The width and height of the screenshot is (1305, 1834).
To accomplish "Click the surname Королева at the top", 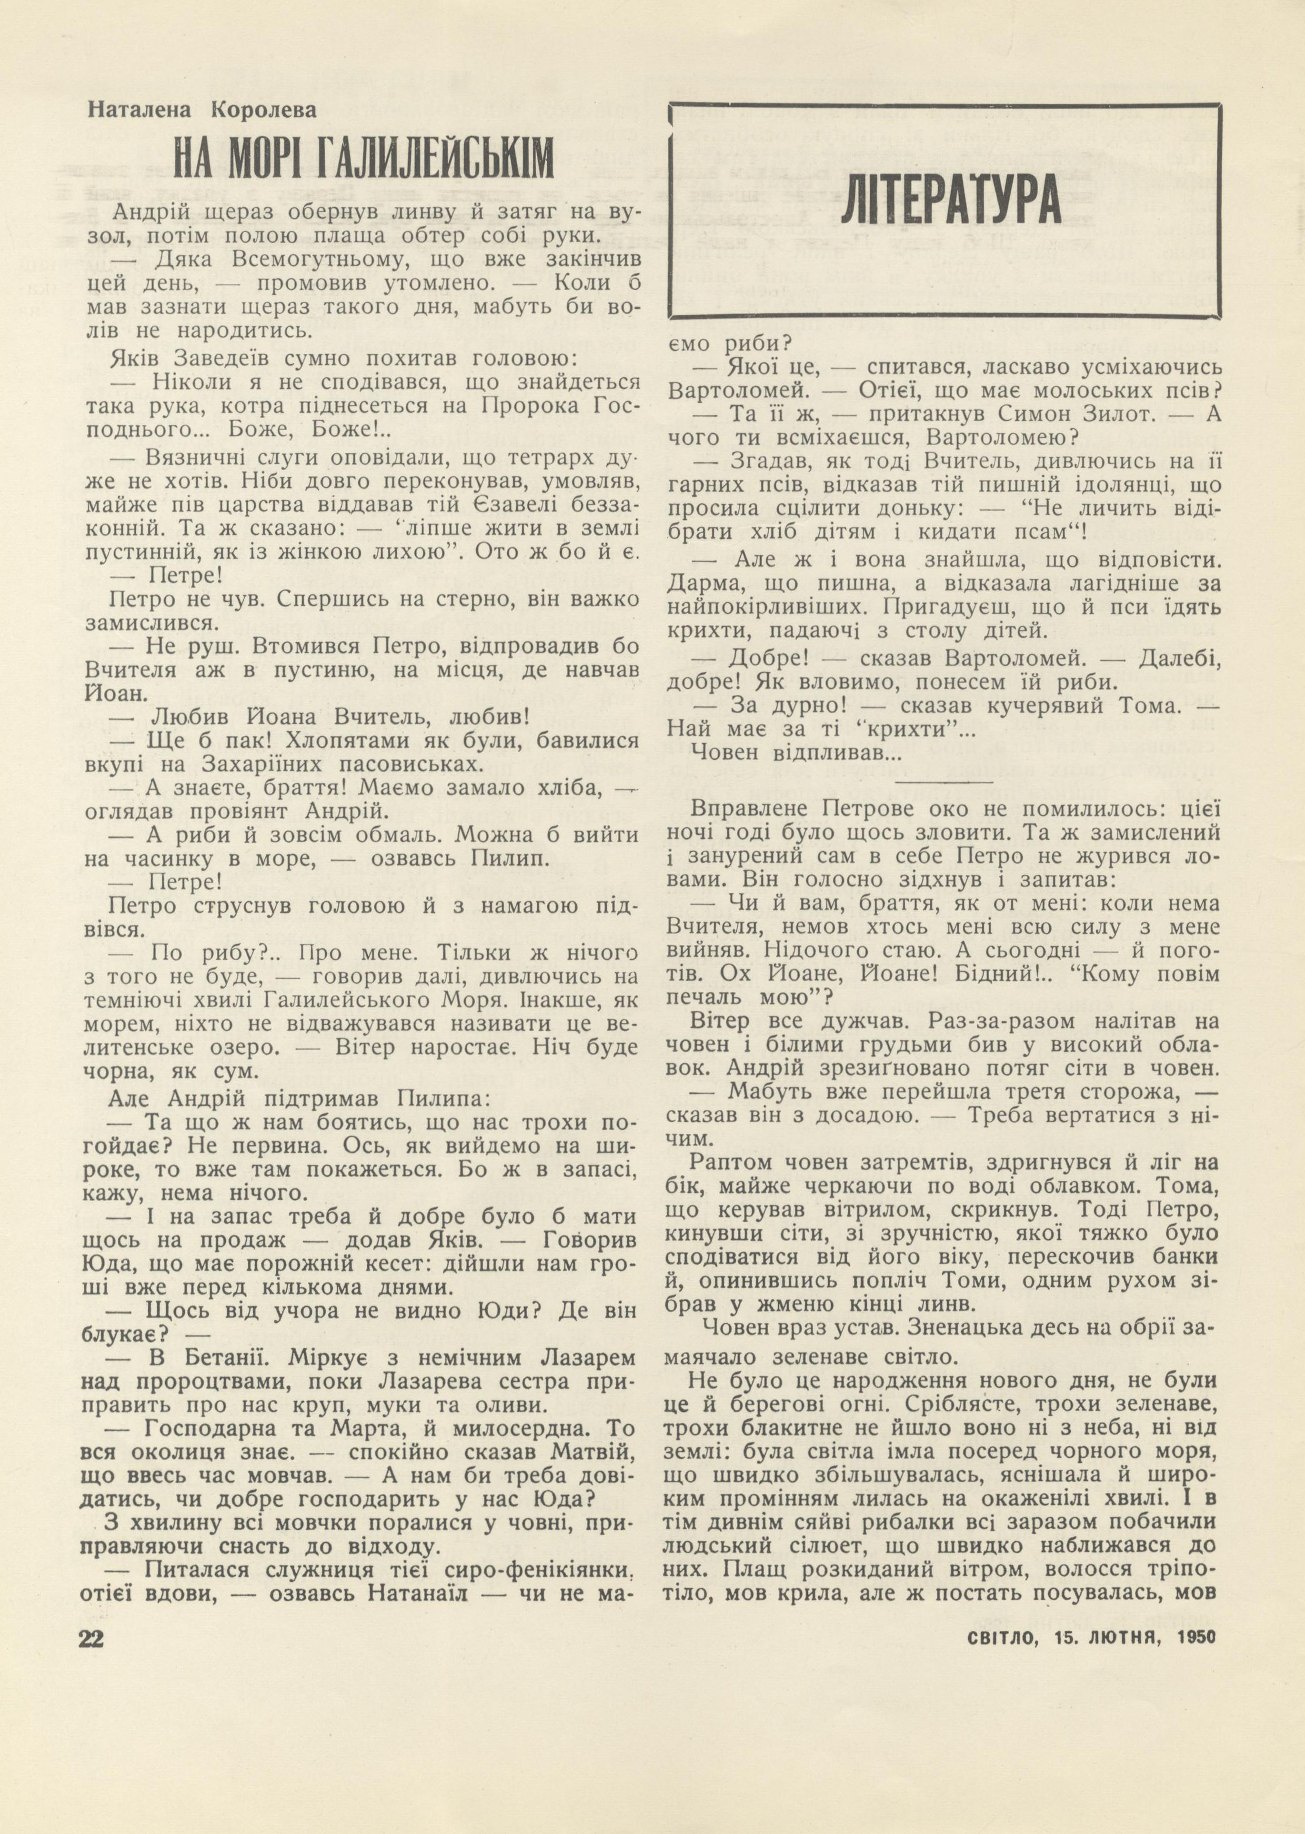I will click(264, 109).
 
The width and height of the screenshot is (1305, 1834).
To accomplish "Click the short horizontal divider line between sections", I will click(943, 780).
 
